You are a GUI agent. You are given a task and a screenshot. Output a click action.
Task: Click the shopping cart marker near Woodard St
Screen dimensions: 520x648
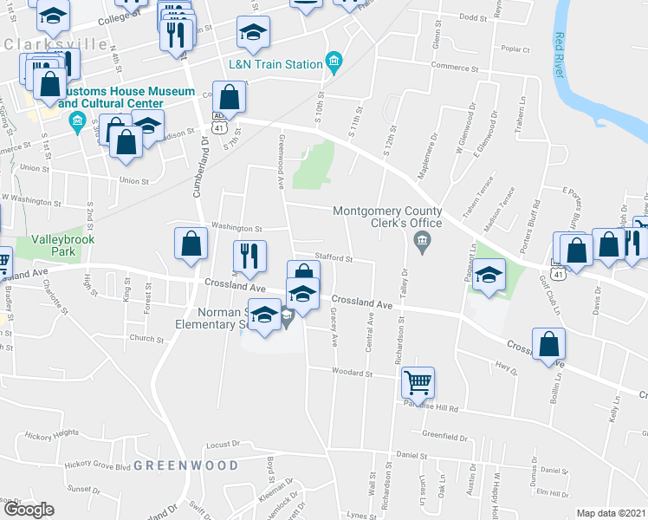[x=418, y=381]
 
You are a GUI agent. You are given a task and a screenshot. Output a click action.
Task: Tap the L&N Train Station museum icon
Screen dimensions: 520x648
[x=333, y=62]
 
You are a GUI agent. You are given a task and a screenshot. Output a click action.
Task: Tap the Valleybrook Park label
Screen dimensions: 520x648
[x=62, y=244]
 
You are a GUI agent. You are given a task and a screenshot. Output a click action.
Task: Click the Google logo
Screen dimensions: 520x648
[x=29, y=510]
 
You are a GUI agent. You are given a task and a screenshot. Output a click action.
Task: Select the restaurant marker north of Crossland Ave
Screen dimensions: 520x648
[x=247, y=255]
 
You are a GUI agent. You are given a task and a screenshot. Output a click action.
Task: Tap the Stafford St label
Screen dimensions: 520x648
[x=334, y=257]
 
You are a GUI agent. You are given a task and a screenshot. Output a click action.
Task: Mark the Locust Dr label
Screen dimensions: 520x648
[x=224, y=445]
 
